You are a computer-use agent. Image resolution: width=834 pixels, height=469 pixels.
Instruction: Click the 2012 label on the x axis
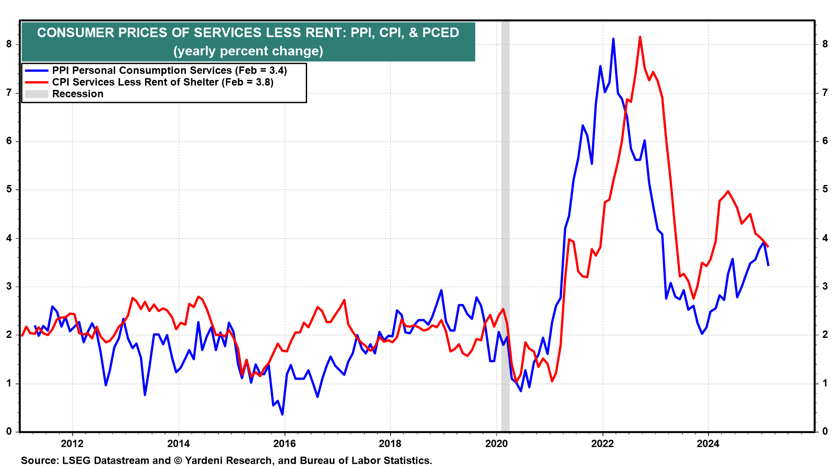pos(72,443)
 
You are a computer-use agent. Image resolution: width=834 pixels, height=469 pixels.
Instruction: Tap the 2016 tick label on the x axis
pos(284,443)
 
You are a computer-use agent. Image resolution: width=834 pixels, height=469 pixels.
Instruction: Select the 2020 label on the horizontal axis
pos(496,443)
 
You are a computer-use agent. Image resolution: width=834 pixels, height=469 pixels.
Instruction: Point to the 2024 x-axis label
pos(708,443)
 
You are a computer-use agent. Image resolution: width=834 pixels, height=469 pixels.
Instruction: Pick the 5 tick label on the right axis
pos(825,189)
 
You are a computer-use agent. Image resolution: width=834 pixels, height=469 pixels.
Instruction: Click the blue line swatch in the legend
pos(36,70)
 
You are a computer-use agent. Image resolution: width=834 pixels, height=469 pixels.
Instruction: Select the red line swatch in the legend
pos(36,82)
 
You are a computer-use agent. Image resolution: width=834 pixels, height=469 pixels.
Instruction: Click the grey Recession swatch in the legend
pos(36,94)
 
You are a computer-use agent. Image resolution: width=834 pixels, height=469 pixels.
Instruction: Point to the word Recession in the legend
pos(78,94)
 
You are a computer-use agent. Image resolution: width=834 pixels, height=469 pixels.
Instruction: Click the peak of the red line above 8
pos(640,37)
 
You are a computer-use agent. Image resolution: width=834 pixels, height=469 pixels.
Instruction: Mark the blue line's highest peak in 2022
pos(613,39)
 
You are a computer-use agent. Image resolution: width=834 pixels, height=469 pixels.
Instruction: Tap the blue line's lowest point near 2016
pos(282,414)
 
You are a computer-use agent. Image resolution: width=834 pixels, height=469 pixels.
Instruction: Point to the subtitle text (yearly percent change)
pos(248,51)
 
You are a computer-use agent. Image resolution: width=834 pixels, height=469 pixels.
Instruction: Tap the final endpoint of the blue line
pos(768,265)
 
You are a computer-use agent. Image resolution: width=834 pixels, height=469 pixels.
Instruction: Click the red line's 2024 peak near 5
pos(728,191)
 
